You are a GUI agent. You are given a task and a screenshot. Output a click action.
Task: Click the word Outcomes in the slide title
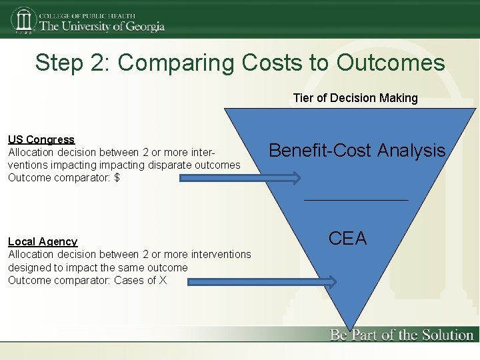pos(391,63)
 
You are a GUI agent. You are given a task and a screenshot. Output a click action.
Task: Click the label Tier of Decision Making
pos(355,98)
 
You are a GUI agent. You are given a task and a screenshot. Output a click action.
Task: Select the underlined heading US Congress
pos(41,139)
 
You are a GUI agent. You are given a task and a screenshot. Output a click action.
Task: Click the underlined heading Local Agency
pos(43,241)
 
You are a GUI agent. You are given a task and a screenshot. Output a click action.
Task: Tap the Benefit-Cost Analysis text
pos(357,151)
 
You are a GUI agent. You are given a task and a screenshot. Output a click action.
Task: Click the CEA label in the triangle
pos(348,238)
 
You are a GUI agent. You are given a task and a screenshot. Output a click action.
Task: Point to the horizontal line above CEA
pos(356,200)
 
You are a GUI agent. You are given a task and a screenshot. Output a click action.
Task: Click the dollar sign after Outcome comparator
pos(117,178)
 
